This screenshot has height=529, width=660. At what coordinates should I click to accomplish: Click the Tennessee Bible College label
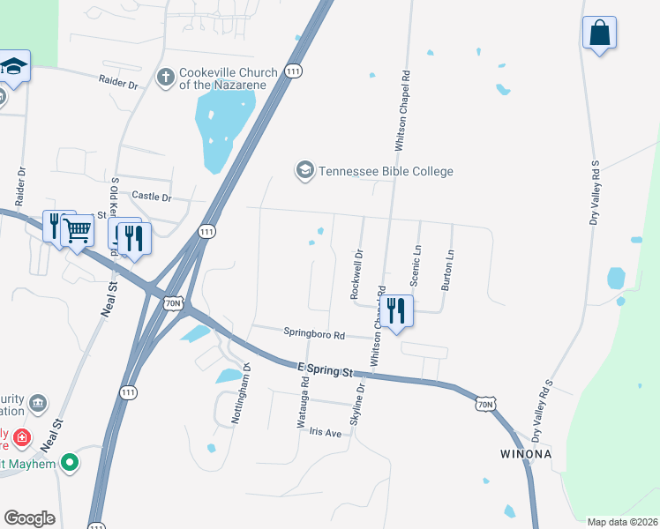pyautogui.click(x=386, y=171)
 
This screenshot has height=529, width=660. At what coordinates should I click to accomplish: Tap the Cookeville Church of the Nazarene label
pyautogui.click(x=229, y=78)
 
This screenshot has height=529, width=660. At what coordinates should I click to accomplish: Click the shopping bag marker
pyautogui.click(x=599, y=34)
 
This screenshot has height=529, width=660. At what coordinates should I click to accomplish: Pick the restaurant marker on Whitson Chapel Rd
pyautogui.click(x=395, y=311)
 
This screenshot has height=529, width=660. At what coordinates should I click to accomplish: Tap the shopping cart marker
pyautogui.click(x=78, y=231)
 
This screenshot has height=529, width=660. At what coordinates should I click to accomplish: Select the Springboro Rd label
pyautogui.click(x=313, y=333)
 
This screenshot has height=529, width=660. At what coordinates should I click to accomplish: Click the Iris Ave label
pyautogui.click(x=325, y=433)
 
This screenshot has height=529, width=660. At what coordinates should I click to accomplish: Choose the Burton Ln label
pyautogui.click(x=448, y=271)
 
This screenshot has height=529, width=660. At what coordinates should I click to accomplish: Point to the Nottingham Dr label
pyautogui.click(x=236, y=393)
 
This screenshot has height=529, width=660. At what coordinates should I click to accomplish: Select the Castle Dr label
pyautogui.click(x=151, y=196)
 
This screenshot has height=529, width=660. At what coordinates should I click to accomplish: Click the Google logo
pyautogui.click(x=29, y=518)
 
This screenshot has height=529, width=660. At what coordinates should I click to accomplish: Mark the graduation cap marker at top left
pyautogui.click(x=14, y=66)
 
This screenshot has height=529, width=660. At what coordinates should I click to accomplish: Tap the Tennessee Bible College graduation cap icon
pyautogui.click(x=305, y=170)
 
